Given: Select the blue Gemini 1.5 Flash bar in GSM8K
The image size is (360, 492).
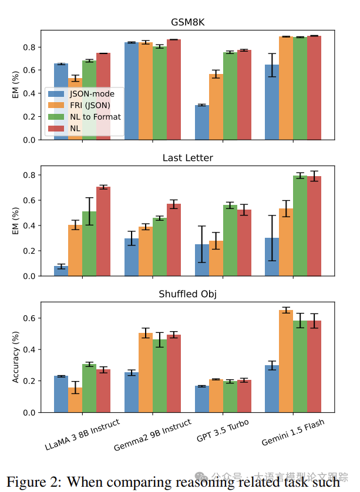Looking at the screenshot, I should (x=272, y=102).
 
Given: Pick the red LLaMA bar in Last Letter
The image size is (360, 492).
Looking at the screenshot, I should (x=103, y=231).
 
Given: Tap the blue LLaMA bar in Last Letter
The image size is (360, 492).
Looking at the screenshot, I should (x=61, y=271).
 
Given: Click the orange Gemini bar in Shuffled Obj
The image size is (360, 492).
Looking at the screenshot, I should (x=286, y=361).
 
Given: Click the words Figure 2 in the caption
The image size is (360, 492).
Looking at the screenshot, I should (x=33, y=483).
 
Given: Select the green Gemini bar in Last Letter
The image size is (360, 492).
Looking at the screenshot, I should (x=300, y=225).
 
